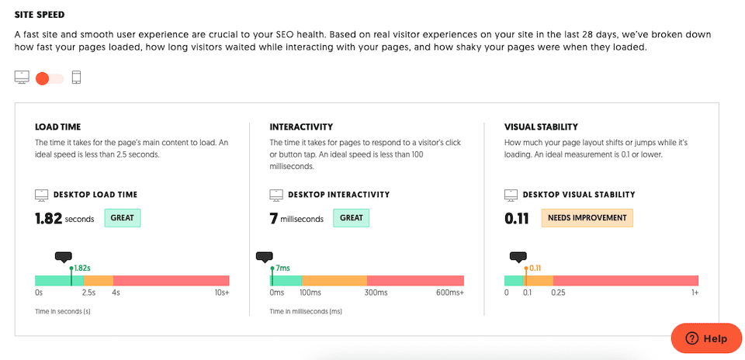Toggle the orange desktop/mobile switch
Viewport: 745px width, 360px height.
(50, 78)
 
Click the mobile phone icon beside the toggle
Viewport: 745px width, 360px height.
(76, 78)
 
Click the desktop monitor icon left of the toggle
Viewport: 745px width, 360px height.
(22, 78)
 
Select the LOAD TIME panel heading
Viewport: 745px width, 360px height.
(57, 126)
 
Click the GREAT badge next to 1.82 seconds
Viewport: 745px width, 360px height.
(122, 218)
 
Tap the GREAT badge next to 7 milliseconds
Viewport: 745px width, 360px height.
(351, 218)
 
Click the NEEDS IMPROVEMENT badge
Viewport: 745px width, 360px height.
(587, 218)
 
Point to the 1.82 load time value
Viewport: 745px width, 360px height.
(48, 219)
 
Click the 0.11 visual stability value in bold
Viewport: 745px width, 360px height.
(517, 219)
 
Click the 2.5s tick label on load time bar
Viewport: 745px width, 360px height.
(88, 293)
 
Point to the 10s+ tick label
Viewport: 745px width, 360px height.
(221, 293)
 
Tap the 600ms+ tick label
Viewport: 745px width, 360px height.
(450, 293)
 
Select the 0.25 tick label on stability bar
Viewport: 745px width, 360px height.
(558, 293)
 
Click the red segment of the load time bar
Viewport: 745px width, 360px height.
(171, 281)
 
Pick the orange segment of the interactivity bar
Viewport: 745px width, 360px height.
(334, 281)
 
